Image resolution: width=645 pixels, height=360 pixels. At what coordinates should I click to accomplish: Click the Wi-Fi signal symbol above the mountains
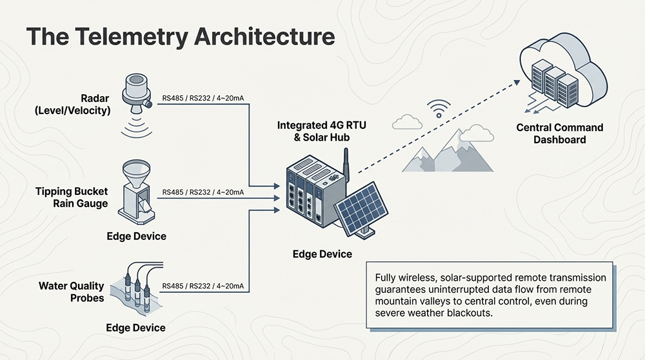tap(439, 108)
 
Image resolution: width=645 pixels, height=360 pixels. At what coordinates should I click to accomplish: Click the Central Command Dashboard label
tap(560, 134)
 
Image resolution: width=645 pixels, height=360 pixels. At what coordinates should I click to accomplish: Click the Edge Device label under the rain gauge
tap(136, 236)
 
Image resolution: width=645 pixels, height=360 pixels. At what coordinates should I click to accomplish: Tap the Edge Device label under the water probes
tap(135, 328)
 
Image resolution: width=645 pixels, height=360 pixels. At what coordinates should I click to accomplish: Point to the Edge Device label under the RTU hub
tap(322, 254)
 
